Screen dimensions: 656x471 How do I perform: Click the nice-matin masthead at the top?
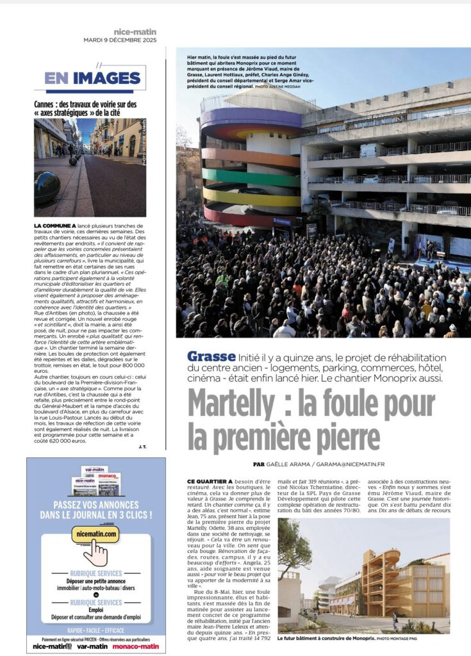tap(135, 31)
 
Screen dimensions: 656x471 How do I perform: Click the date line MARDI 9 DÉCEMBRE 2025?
tap(120, 40)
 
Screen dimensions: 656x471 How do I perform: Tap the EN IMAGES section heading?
tap(92, 78)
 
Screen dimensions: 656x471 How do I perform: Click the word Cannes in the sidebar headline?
tap(46, 104)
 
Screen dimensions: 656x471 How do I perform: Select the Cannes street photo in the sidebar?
tap(90, 167)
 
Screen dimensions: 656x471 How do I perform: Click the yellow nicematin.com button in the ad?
tap(95, 533)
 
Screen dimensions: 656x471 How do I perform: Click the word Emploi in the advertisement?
tap(95, 610)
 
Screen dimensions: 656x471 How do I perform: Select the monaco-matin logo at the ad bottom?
tap(138, 646)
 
